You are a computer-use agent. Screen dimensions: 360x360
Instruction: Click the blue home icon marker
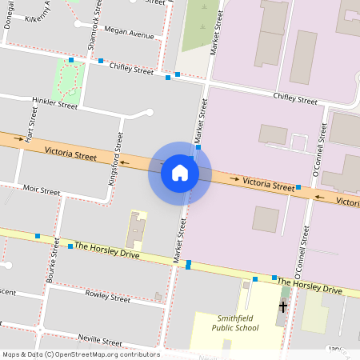coord(180,173)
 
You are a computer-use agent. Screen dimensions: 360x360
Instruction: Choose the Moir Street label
coord(42,191)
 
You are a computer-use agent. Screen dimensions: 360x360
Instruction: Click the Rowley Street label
coord(107,298)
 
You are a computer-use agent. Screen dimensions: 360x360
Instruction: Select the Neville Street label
coord(100,340)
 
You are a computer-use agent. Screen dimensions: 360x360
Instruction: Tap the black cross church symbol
coord(282,306)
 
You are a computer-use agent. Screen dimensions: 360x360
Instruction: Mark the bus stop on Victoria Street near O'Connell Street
coord(298,187)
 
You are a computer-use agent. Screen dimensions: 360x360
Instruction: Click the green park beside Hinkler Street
coord(67,78)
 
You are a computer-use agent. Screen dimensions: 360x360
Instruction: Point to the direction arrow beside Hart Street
coord(19,138)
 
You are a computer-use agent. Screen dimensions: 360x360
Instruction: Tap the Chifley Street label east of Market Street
coord(295,98)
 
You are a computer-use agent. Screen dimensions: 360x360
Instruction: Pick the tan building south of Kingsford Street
coord(136,229)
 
